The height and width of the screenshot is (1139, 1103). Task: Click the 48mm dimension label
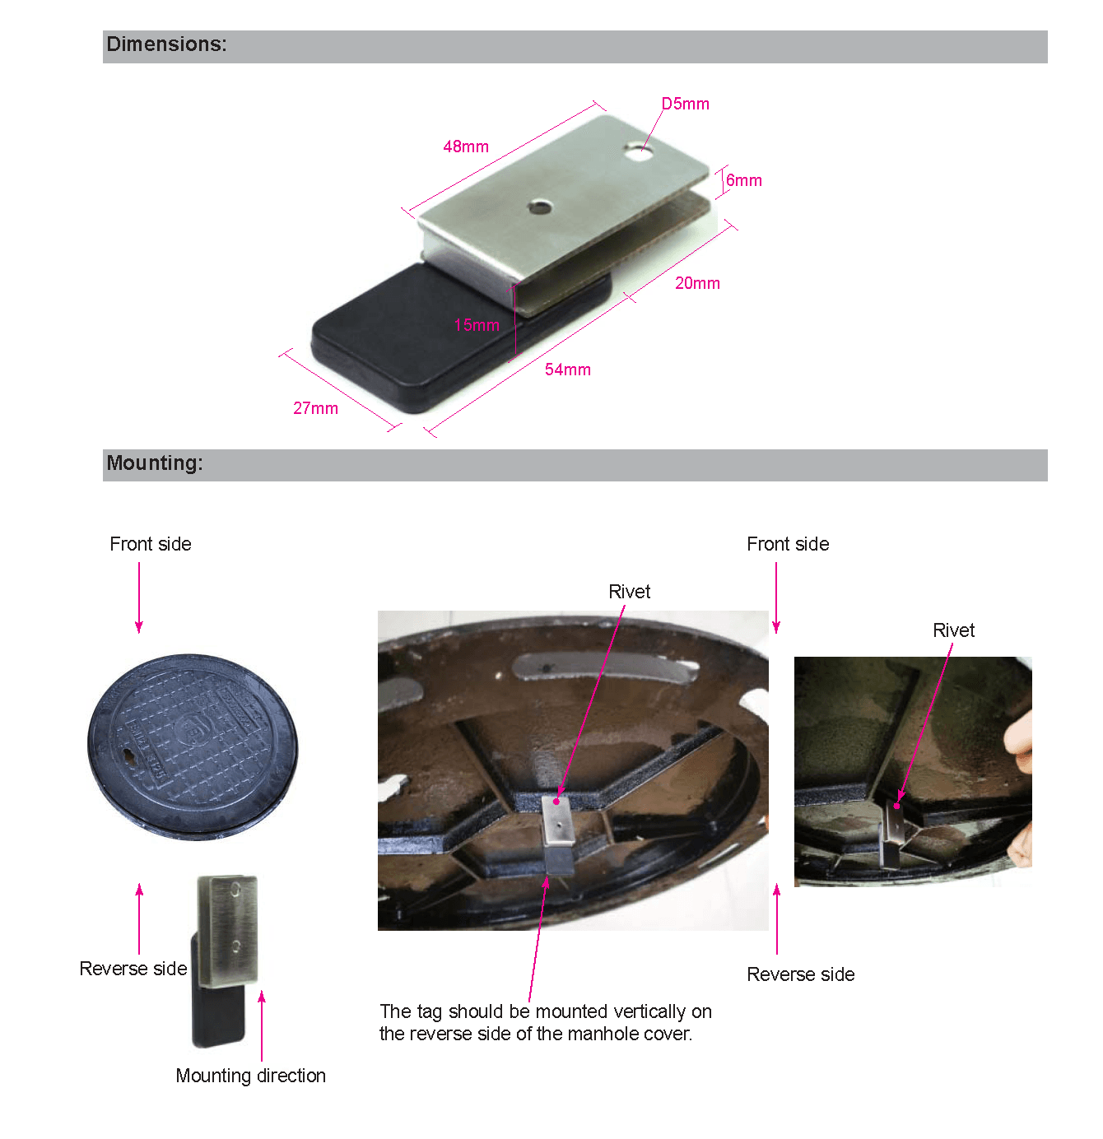click(466, 146)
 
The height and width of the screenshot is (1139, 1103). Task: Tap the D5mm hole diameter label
click(685, 104)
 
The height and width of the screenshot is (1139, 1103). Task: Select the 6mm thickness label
click(743, 180)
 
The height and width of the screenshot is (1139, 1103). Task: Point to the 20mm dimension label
click(697, 283)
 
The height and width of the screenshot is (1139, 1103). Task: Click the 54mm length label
click(567, 370)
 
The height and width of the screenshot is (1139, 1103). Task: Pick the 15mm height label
click(477, 325)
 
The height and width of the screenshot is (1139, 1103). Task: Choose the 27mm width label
click(315, 408)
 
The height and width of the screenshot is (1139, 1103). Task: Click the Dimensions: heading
click(166, 44)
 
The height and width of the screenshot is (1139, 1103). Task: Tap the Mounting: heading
click(155, 463)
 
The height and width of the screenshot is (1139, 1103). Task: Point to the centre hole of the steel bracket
click(540, 207)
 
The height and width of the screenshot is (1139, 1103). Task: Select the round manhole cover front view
click(193, 746)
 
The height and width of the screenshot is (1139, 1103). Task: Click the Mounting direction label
click(250, 1076)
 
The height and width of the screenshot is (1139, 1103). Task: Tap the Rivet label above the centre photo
click(629, 592)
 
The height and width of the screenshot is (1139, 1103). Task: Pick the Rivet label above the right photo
click(953, 630)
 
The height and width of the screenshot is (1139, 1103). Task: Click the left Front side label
click(150, 544)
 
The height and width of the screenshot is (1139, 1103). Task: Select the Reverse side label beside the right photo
click(800, 974)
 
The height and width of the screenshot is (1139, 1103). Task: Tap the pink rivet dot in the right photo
click(896, 806)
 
